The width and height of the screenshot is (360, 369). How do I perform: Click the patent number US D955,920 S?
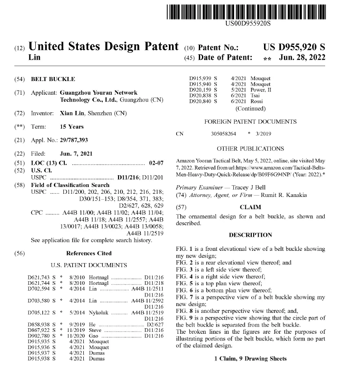(x=294, y=47)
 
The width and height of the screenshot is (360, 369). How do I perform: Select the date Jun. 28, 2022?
(x=302, y=58)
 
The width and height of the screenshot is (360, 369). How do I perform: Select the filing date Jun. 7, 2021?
(x=76, y=154)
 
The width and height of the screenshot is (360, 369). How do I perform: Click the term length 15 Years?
(x=72, y=127)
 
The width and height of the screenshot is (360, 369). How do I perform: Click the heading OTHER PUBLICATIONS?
(x=250, y=149)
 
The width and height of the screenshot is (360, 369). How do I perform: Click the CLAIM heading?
(x=250, y=207)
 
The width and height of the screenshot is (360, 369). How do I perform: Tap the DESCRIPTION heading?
(x=250, y=235)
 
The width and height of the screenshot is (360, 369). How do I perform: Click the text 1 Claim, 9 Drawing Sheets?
(x=250, y=359)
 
